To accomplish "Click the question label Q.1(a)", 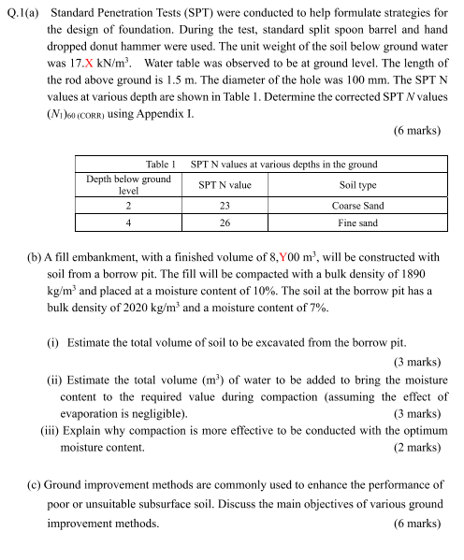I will point(22,13).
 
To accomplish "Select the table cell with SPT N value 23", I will point(225,205).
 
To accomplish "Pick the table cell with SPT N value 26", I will point(225,223).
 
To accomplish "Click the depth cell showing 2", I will point(127,205).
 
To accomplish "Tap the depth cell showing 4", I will point(127,223).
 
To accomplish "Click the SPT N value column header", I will point(225,185).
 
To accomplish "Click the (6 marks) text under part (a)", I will point(416,130).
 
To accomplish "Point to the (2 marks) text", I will point(416,447).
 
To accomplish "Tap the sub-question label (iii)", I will point(51,431).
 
